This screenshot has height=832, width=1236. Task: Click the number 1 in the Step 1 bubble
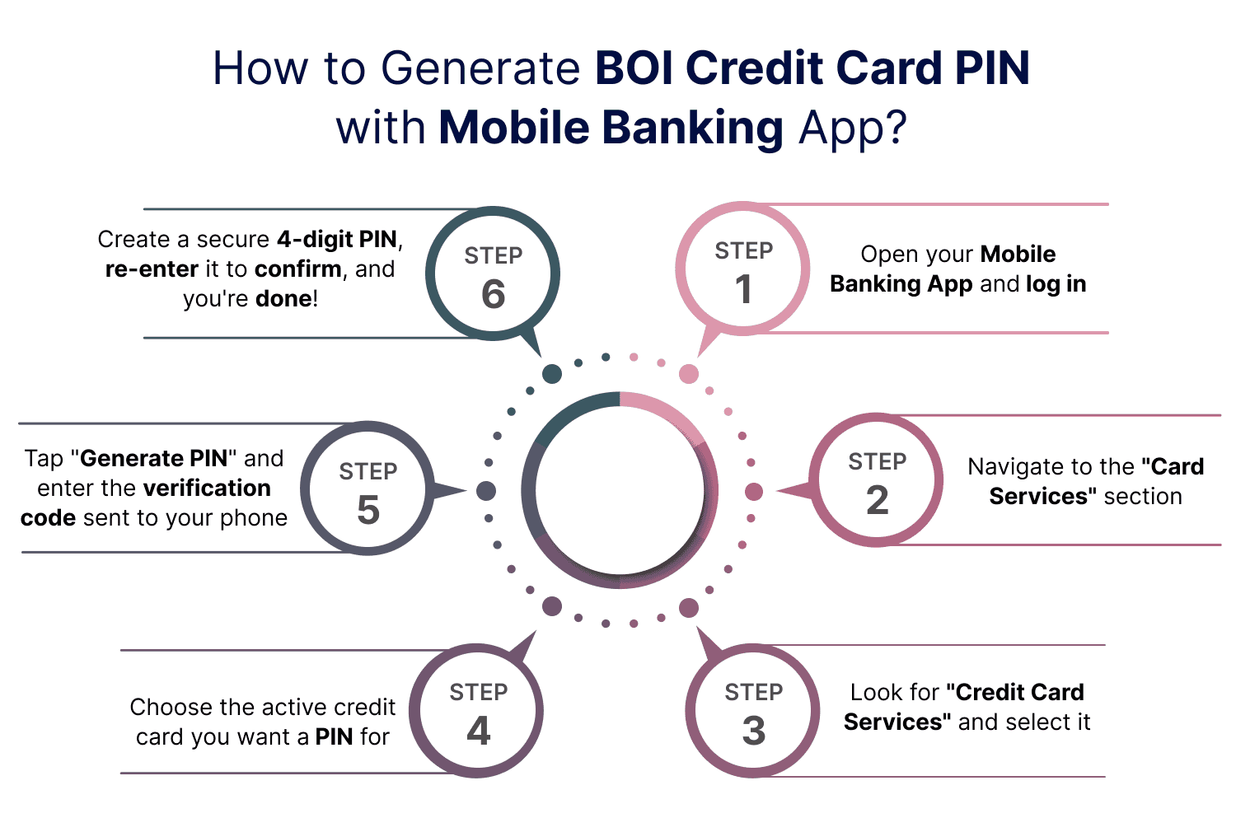[x=743, y=289]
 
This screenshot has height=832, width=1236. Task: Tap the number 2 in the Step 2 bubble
[x=878, y=500]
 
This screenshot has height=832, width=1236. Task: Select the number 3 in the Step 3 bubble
[x=753, y=731]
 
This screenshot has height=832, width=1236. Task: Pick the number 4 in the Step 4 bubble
[x=479, y=731]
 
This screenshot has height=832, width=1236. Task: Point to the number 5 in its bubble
[x=368, y=510]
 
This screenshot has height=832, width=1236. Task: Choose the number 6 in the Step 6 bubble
[x=493, y=294]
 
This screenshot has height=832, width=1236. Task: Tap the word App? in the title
[x=853, y=128]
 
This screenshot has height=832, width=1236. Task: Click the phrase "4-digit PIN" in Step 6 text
[x=337, y=240]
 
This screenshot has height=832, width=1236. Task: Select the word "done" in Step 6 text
[x=283, y=298]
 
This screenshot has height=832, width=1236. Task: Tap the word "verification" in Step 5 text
[x=207, y=488]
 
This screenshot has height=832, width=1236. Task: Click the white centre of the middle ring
[x=620, y=491]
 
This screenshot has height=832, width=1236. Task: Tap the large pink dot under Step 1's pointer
[x=689, y=374]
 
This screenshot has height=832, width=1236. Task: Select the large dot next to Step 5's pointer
[x=486, y=491]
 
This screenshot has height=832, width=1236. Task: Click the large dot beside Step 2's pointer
[x=753, y=492]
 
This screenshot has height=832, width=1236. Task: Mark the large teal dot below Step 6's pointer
[x=552, y=374]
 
